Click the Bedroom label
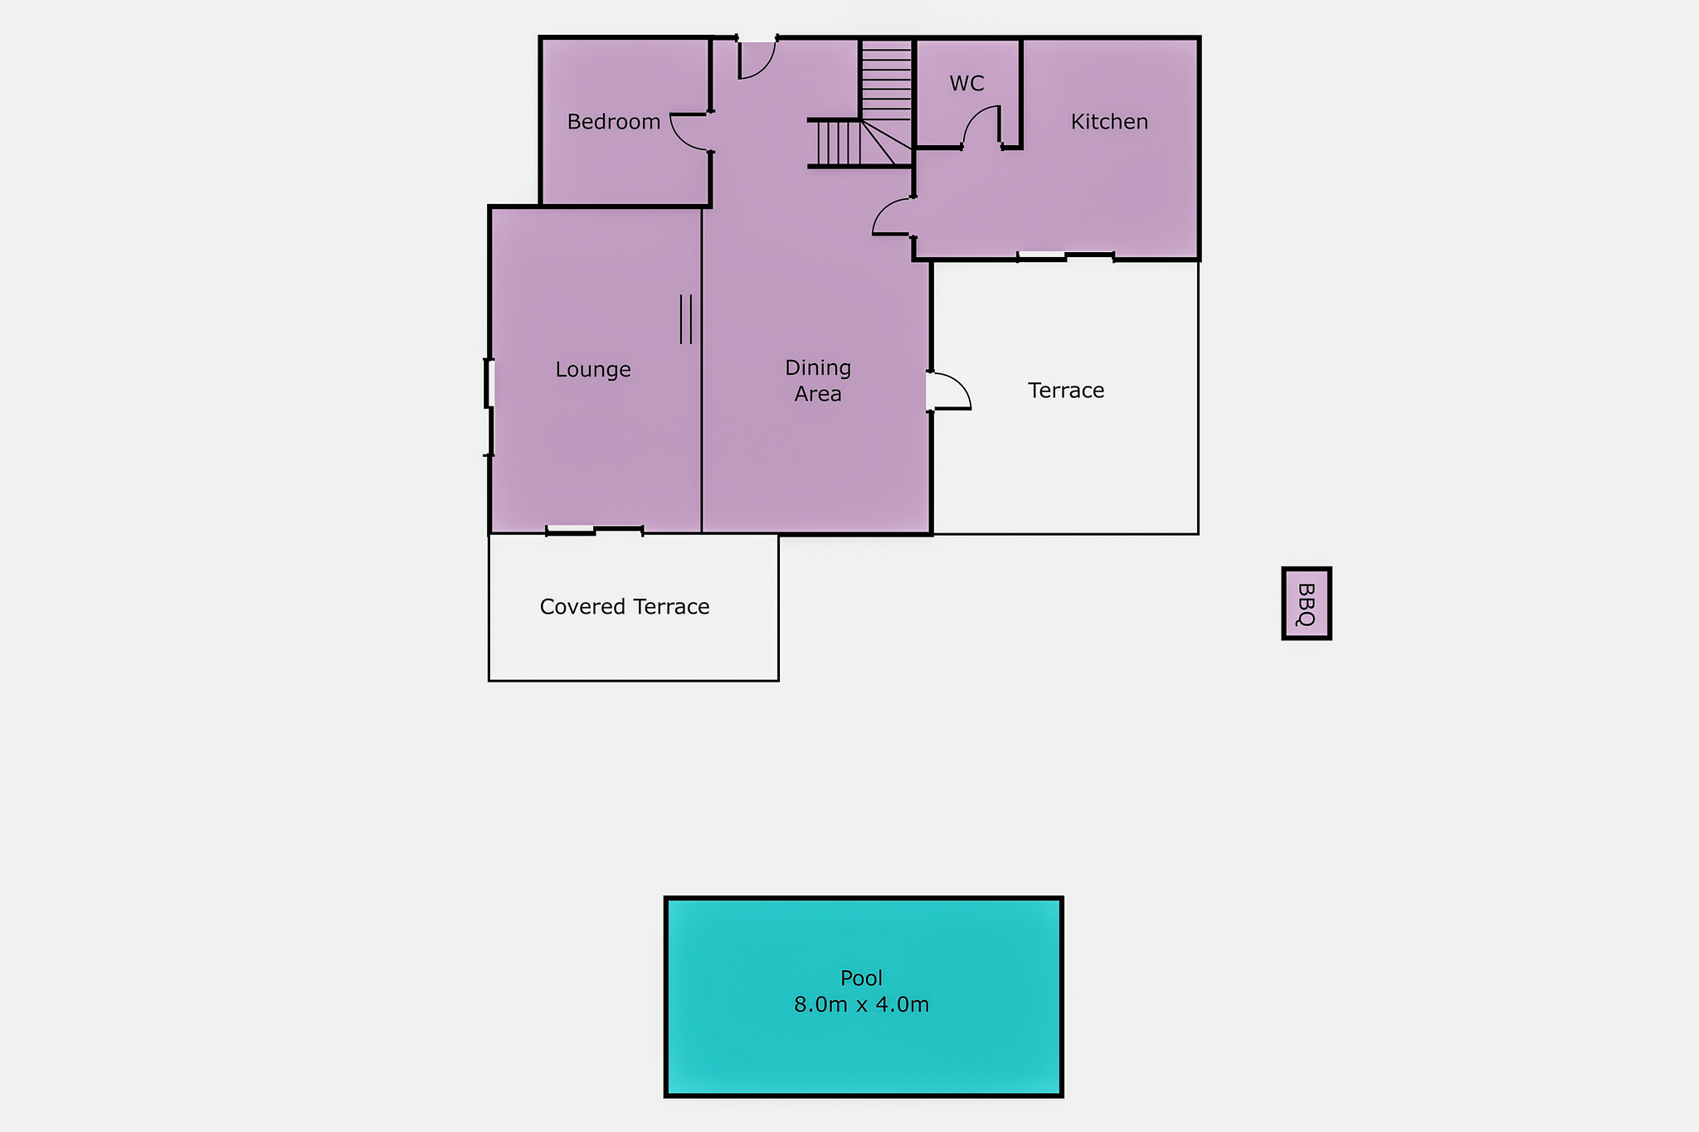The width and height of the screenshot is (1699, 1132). [x=614, y=122]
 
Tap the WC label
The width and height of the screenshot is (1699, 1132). [x=966, y=84]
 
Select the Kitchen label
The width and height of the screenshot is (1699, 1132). [x=1109, y=122]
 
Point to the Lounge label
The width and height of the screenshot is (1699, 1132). [x=593, y=370]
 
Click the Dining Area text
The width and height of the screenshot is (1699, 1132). [x=818, y=381]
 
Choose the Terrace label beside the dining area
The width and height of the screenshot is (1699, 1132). [x=1066, y=391]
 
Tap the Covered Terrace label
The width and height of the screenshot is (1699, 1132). [x=625, y=607]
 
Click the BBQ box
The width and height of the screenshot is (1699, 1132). [x=1307, y=604]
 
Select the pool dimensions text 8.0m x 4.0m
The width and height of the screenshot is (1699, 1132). [x=861, y=1005]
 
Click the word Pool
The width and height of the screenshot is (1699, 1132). [x=861, y=979]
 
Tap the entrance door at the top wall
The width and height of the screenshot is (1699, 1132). [x=757, y=58]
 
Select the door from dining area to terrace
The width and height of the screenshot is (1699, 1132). [x=950, y=391]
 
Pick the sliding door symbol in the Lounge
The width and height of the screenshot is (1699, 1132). [x=686, y=319]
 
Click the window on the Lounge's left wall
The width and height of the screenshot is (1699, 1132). [x=489, y=383]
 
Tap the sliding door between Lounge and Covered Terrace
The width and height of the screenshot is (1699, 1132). [x=595, y=531]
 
